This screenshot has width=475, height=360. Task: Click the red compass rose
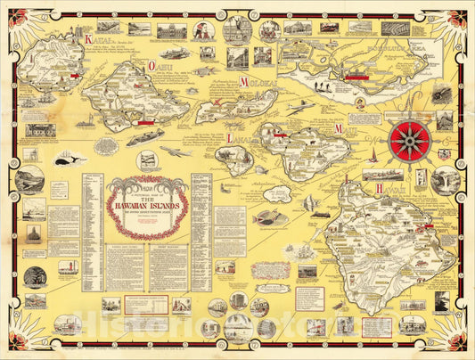pyautogui.click(x=409, y=139)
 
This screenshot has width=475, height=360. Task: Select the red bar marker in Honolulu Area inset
pyautogui.click(x=356, y=77)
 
